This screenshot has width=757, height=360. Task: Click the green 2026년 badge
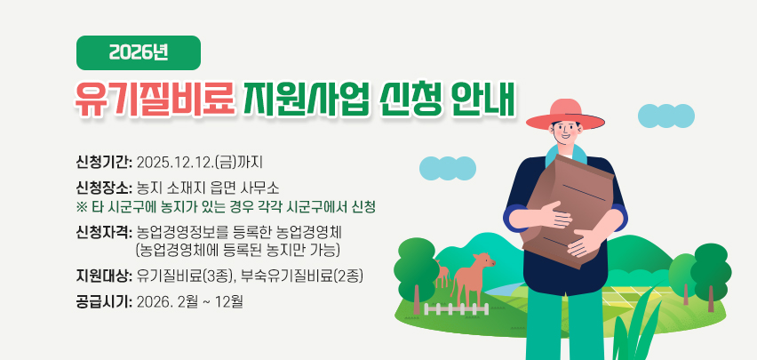[x=139, y=53]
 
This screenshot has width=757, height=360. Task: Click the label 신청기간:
[x=104, y=163]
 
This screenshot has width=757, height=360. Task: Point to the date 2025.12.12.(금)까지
[x=201, y=163]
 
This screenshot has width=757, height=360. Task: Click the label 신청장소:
[x=104, y=188]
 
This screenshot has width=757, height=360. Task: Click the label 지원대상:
[x=104, y=275]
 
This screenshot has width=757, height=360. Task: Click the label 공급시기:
[x=104, y=300]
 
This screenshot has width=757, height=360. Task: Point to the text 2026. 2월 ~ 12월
[x=191, y=300]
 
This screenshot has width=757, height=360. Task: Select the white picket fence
[x=458, y=308]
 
